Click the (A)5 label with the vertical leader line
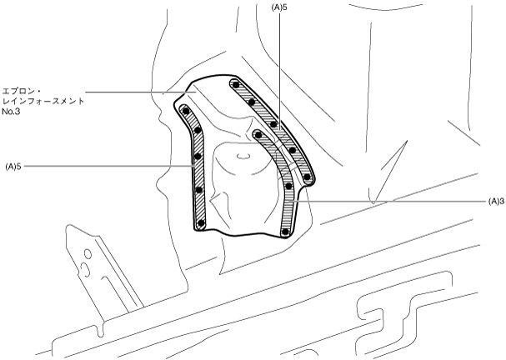279,8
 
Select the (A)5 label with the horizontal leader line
13,167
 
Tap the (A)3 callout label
496,202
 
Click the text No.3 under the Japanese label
11,112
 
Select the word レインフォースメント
43,101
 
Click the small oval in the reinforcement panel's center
243,156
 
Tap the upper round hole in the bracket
88,254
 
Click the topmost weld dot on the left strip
186,112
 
